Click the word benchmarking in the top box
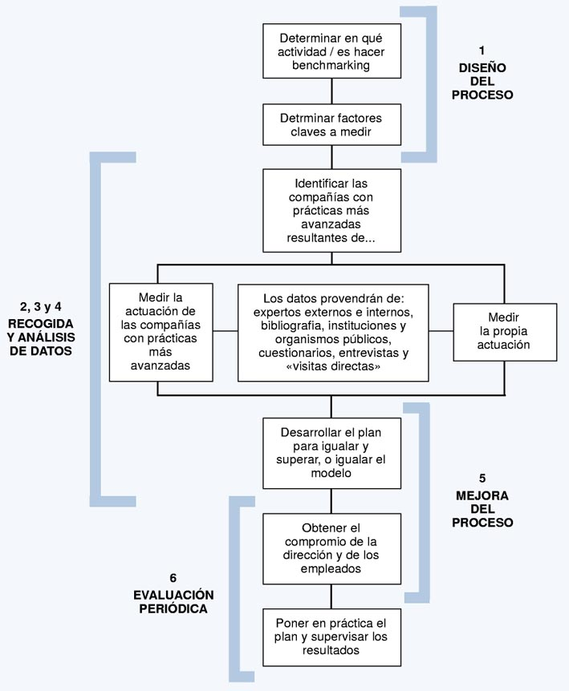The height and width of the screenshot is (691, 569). [x=331, y=66]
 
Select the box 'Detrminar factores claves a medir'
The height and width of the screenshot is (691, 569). [x=331, y=125]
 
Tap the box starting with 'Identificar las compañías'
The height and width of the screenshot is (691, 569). [x=331, y=211]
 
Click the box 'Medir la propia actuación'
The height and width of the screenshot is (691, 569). [x=505, y=333]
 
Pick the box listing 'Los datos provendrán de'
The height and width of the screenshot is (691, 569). [x=333, y=333]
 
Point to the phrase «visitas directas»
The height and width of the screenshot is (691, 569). [x=333, y=366]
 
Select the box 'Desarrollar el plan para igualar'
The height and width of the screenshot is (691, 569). [x=331, y=453]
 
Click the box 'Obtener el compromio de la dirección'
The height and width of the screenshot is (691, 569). [x=331, y=548]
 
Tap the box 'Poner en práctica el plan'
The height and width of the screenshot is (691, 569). [x=331, y=637]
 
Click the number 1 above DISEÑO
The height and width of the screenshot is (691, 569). [x=482, y=51]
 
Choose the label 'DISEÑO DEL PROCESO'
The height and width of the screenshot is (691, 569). [x=482, y=82]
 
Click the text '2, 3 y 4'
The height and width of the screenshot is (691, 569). [x=41, y=307]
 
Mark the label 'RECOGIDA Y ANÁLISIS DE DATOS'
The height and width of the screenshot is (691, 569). [x=41, y=337]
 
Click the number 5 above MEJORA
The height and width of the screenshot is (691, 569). [x=482, y=478]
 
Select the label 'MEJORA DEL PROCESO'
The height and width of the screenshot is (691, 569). [x=482, y=509]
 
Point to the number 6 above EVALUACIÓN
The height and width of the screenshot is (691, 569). [x=173, y=578]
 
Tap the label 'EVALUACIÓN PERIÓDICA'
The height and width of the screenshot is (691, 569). [x=173, y=602]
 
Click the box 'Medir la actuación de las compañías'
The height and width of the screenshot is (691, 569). [x=161, y=333]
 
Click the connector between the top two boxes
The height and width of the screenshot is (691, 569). [x=331, y=91]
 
